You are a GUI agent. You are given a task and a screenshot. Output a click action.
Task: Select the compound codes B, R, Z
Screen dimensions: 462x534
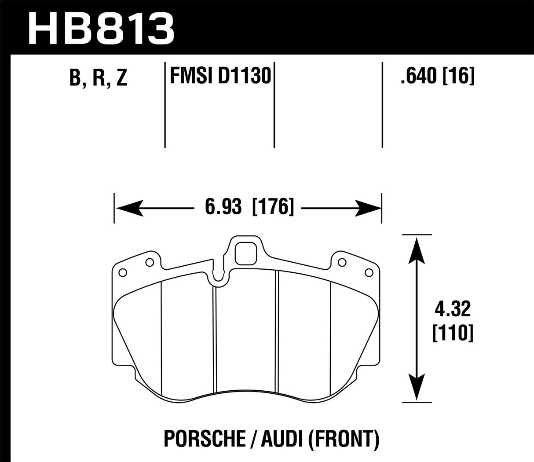[x=98, y=78]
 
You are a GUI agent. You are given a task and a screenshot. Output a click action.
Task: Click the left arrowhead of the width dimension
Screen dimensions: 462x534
[x=128, y=206]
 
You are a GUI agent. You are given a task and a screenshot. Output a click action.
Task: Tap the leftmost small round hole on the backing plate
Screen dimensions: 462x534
[x=123, y=271]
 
